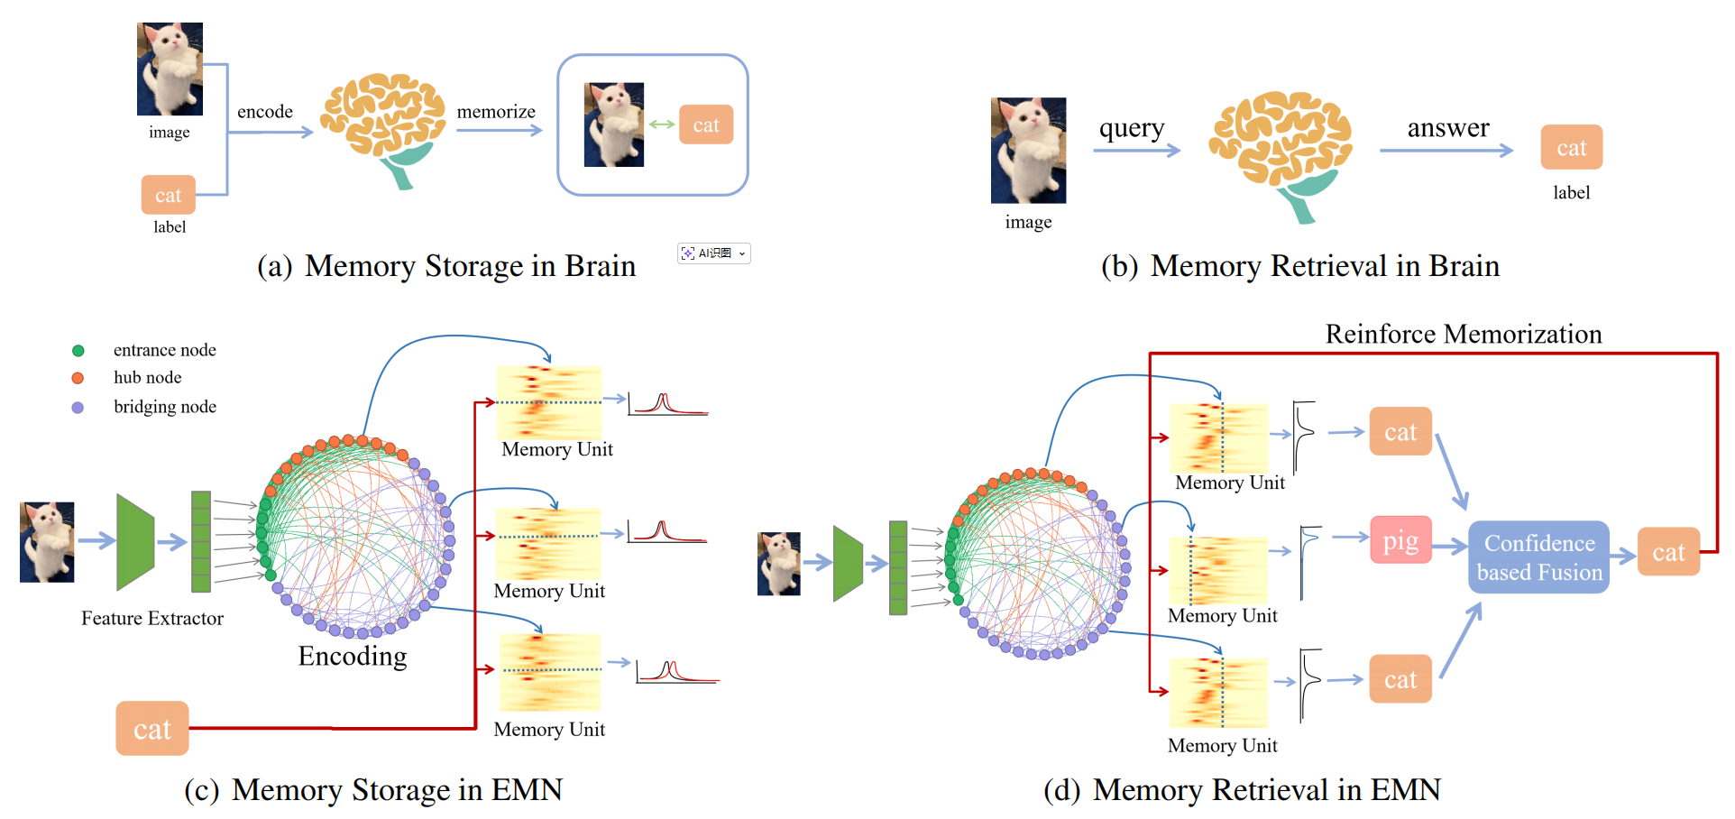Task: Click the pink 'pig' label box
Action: pyautogui.click(x=1400, y=540)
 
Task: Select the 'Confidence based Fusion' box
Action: pyautogui.click(x=1538, y=557)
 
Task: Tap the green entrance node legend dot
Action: pyautogui.click(x=78, y=351)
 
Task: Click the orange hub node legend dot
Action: pyautogui.click(x=78, y=378)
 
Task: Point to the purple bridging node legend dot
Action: pyautogui.click(x=78, y=408)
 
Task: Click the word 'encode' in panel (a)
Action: pyautogui.click(x=265, y=112)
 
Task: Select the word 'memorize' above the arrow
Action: pyautogui.click(x=496, y=112)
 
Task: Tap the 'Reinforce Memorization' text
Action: pyautogui.click(x=1463, y=335)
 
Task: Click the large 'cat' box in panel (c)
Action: pyautogui.click(x=152, y=729)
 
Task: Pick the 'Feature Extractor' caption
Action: pyautogui.click(x=152, y=619)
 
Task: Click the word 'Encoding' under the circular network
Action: pyautogui.click(x=353, y=657)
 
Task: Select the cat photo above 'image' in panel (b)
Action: pyautogui.click(x=1028, y=150)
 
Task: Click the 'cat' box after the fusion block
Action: pyautogui.click(x=1668, y=552)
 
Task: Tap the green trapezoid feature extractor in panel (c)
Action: pyautogui.click(x=135, y=541)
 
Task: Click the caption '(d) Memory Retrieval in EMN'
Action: pyautogui.click(x=1242, y=790)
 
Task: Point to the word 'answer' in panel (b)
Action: pyautogui.click(x=1448, y=129)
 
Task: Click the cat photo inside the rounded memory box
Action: pyautogui.click(x=614, y=124)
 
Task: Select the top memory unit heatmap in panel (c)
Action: pyautogui.click(x=549, y=401)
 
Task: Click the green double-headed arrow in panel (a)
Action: pyautogui.click(x=662, y=124)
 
